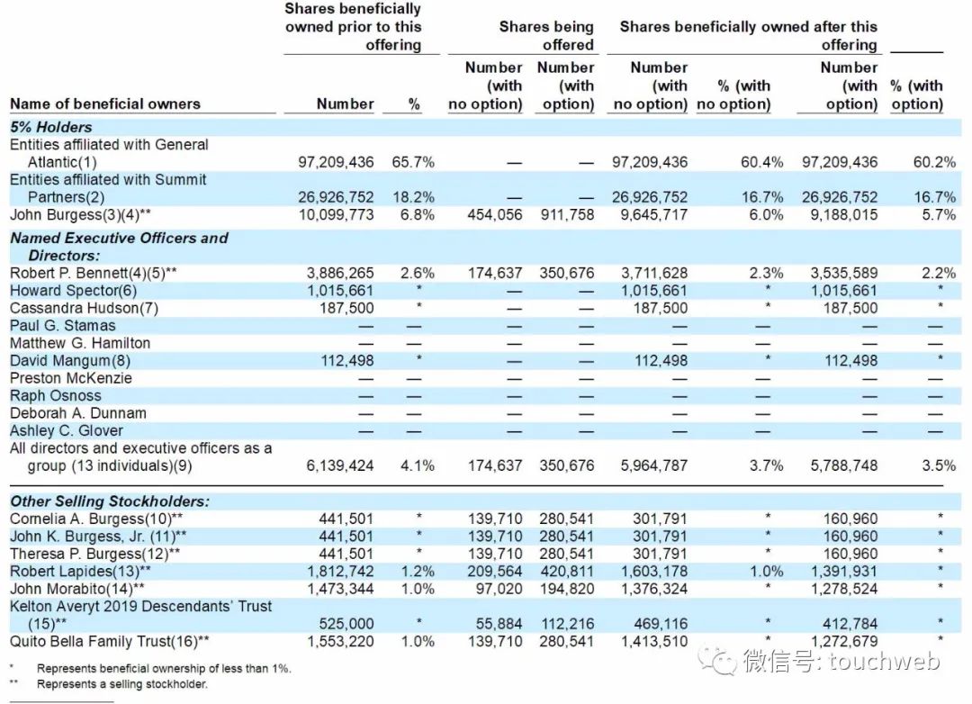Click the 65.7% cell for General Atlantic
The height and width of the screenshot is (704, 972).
tap(413, 162)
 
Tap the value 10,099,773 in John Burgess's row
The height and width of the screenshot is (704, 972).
tap(336, 215)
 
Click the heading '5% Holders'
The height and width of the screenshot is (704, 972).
tap(51, 127)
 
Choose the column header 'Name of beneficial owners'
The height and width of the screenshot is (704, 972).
tap(105, 104)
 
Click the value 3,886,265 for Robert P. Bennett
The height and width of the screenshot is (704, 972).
tap(336, 273)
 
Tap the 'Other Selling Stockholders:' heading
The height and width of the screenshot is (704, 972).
tap(110, 501)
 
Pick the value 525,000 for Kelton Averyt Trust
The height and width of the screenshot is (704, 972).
tap(347, 624)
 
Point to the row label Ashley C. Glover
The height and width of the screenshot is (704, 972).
tap(67, 430)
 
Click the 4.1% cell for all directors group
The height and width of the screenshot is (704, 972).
tap(417, 465)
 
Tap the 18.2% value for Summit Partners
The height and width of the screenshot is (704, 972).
tap(413, 197)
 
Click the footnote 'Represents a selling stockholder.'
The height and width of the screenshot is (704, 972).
tap(121, 684)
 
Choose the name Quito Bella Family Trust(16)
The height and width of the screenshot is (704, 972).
tap(110, 642)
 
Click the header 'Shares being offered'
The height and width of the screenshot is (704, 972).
tap(546, 36)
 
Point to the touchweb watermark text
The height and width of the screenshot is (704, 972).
tap(841, 662)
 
